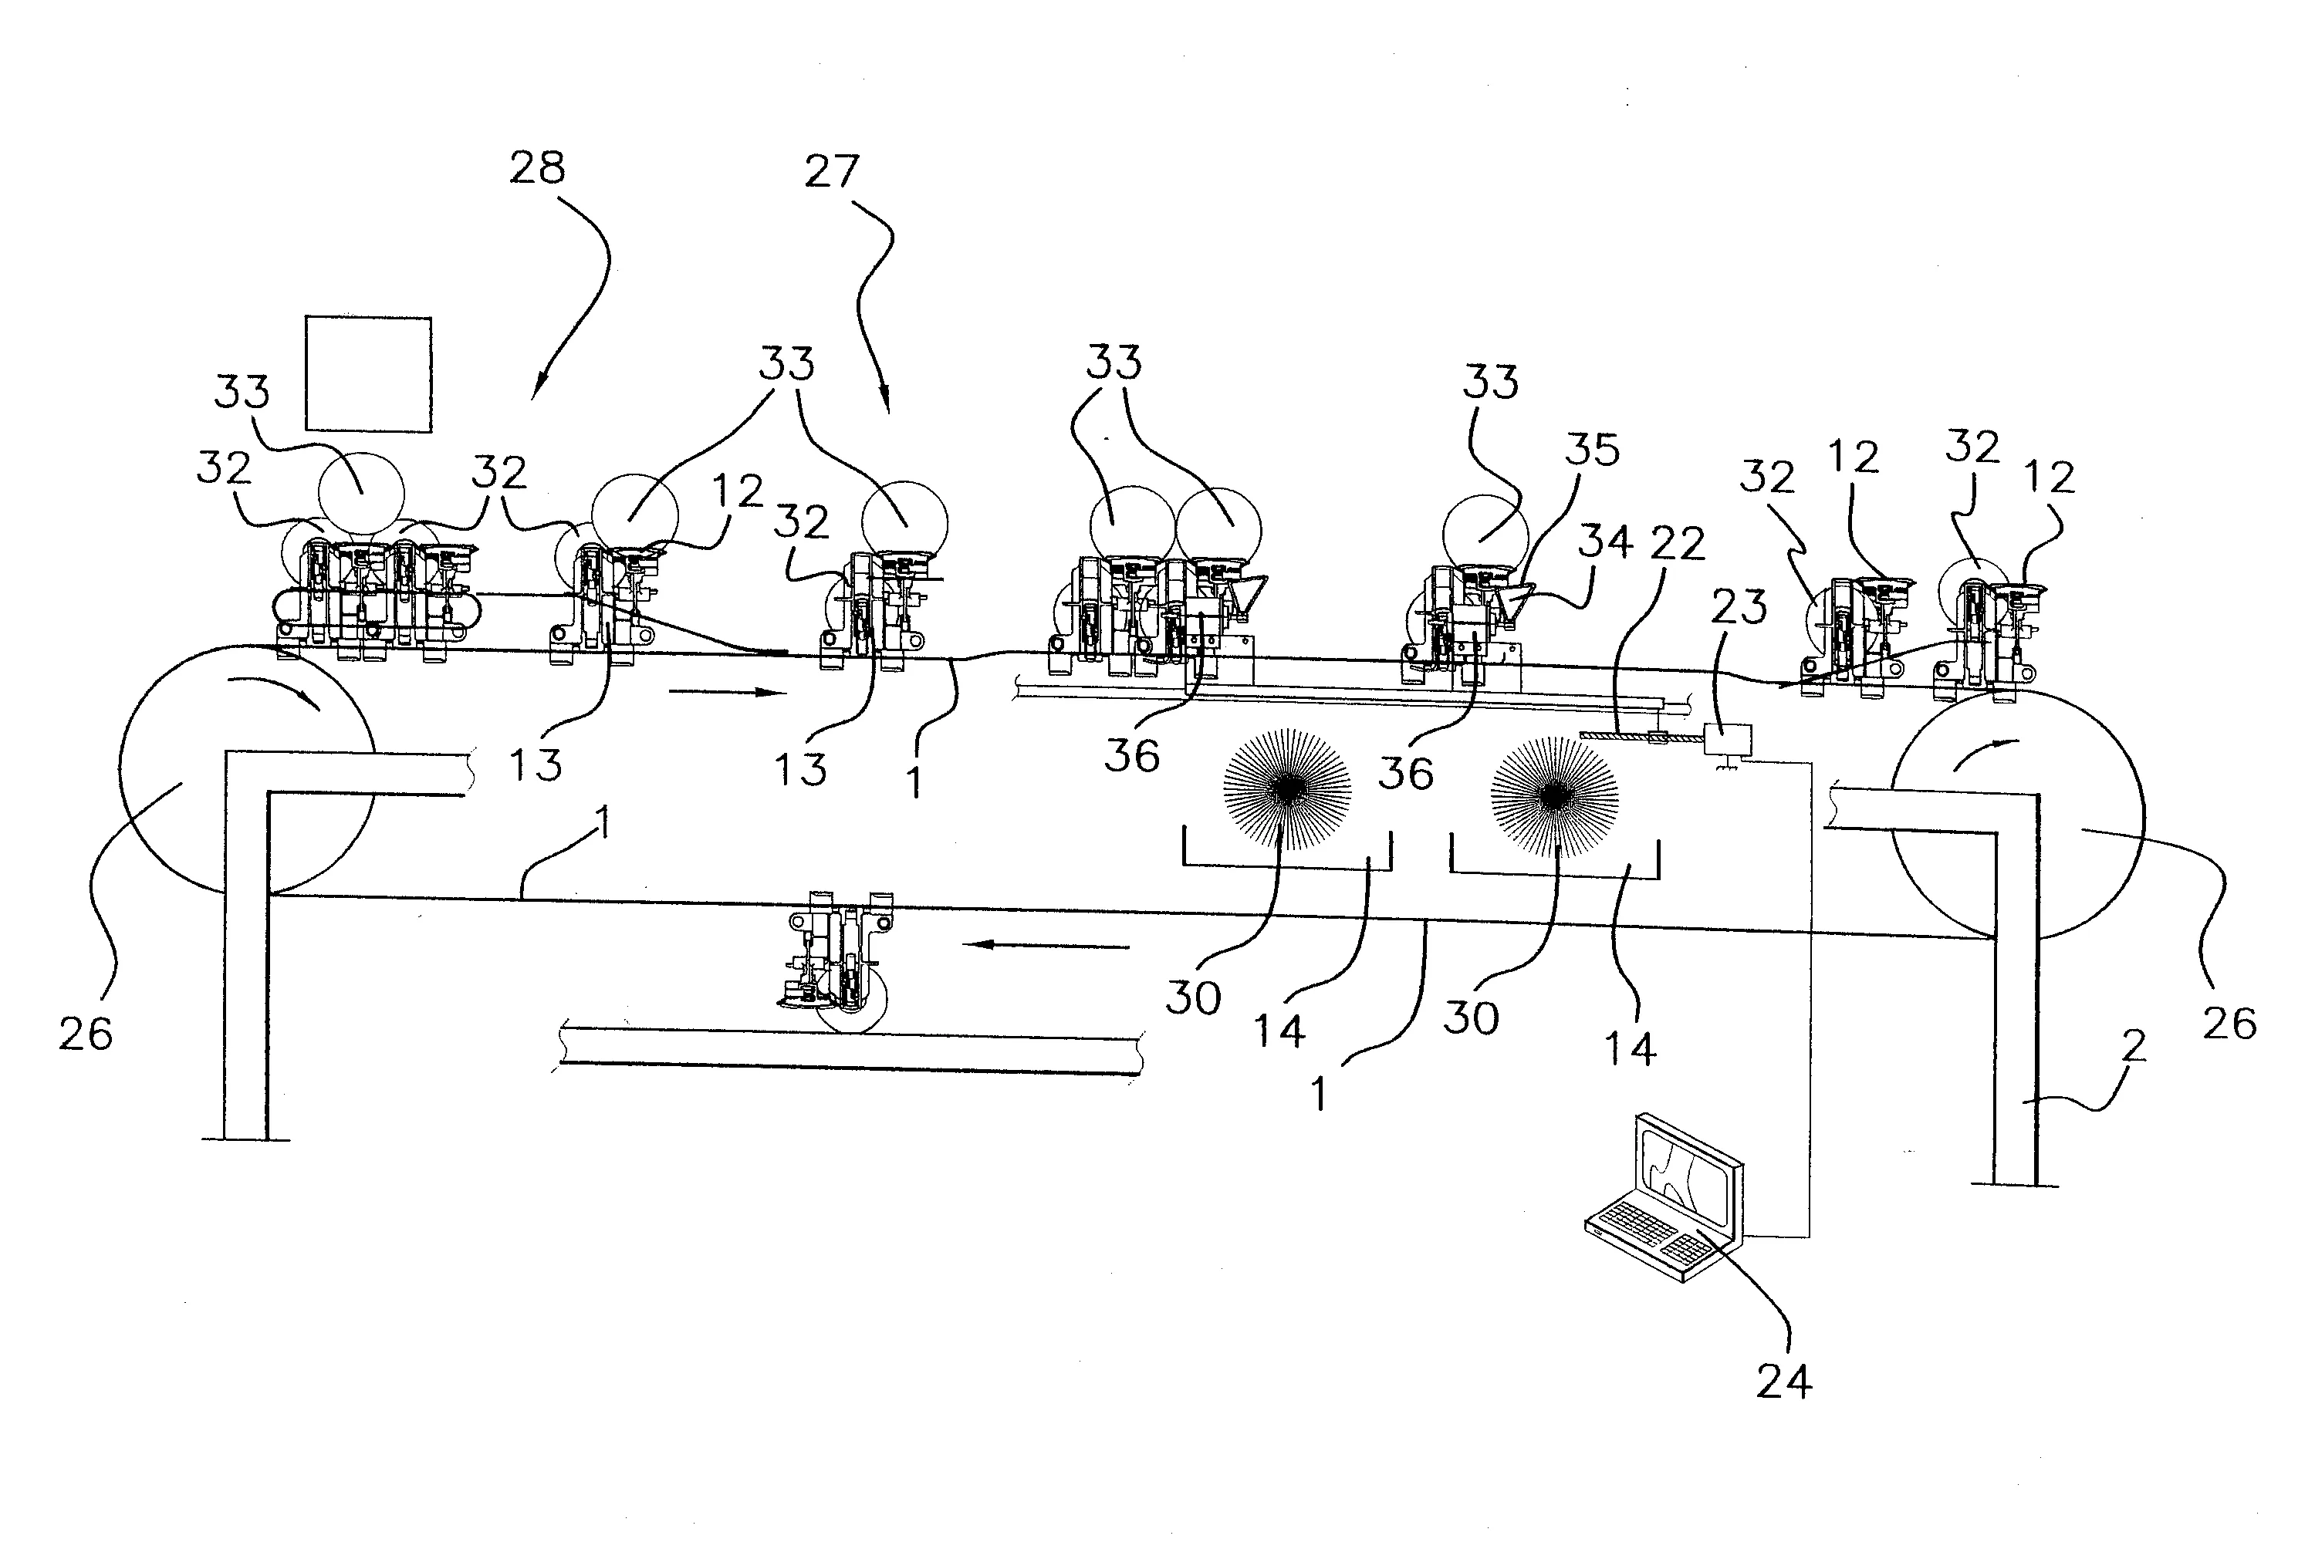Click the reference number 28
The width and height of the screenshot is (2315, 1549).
(x=538, y=168)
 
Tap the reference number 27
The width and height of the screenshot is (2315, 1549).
(x=831, y=172)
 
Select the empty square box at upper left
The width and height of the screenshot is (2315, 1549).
(x=367, y=374)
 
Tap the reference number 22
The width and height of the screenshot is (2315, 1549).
(x=1678, y=543)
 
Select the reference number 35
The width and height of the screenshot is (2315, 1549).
(x=1592, y=450)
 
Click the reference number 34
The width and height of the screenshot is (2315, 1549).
(x=1604, y=542)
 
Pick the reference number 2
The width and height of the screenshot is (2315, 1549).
(x=2135, y=1046)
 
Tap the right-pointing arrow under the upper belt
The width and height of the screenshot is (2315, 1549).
(x=727, y=693)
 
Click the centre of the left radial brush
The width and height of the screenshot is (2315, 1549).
(x=1287, y=788)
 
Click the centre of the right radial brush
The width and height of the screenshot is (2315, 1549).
(x=1554, y=795)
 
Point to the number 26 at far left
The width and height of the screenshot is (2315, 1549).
(x=86, y=1034)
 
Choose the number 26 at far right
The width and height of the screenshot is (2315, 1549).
(x=2230, y=1024)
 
